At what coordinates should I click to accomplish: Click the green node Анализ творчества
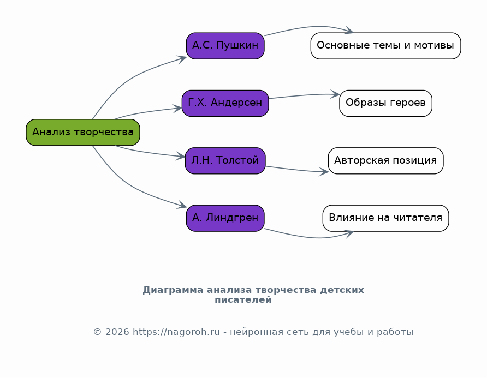pos(83,132)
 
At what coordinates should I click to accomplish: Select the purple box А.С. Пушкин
pos(225,46)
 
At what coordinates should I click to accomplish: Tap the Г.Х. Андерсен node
pos(225,103)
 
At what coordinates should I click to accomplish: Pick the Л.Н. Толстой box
pos(225,161)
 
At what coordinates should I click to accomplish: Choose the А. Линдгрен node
pos(225,218)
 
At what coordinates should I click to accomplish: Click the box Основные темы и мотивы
pos(386,46)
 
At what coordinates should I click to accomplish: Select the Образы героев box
pos(386,103)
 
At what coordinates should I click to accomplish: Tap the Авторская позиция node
pos(386,161)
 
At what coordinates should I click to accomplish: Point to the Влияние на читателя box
pos(386,218)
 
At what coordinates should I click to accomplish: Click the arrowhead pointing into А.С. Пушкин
pos(182,59)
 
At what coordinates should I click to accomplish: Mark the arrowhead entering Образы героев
pos(335,94)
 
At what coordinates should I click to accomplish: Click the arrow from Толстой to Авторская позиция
pos(297,170)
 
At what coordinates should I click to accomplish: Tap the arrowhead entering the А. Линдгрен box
pos(182,206)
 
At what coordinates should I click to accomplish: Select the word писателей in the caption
pos(243,300)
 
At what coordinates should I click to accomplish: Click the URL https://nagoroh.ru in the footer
pos(176,332)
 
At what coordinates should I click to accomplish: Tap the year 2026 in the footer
pos(117,332)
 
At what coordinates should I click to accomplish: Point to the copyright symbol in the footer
pos(98,332)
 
